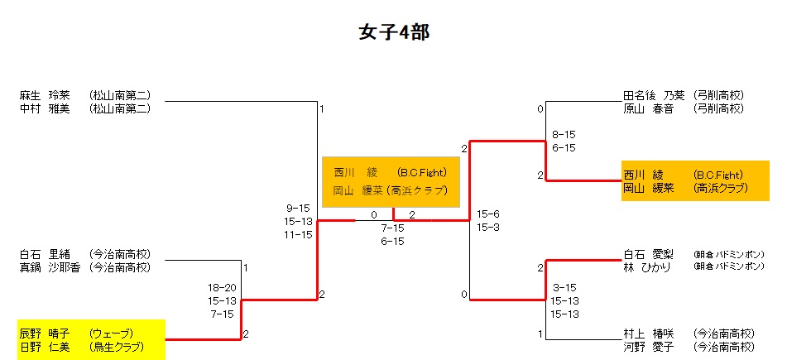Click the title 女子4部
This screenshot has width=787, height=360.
click(x=393, y=32)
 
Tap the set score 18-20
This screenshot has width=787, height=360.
click(x=222, y=287)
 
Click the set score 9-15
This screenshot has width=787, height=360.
click(x=298, y=208)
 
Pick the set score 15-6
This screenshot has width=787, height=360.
click(x=488, y=214)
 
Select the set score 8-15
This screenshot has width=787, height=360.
click(x=564, y=133)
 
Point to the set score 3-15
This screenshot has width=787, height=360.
click(x=565, y=287)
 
